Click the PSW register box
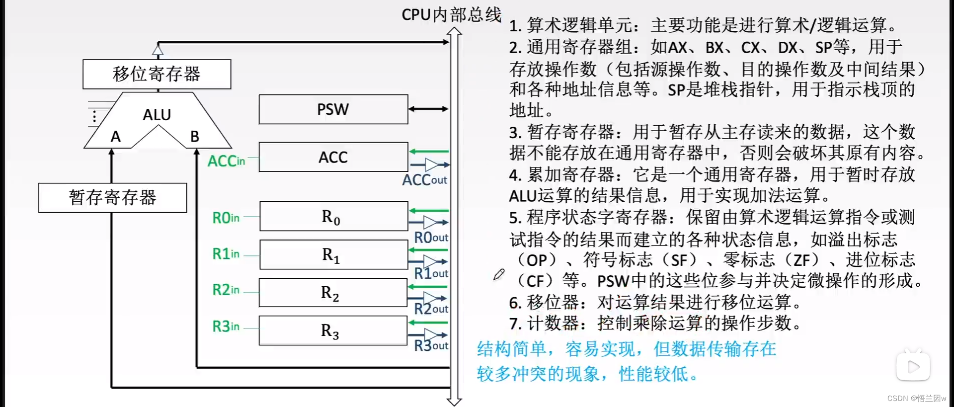333,109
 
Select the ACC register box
333,157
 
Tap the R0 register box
333,216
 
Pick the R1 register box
333,254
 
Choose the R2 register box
333,293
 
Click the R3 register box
333,330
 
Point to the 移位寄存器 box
157,74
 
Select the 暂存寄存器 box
112,198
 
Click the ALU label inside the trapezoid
157,115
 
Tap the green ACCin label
226,161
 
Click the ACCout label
424,180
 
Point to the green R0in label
226,218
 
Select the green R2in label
226,290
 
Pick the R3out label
431,345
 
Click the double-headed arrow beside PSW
428,109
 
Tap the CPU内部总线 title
451,14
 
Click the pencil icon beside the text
499,274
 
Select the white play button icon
913,367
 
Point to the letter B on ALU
195,136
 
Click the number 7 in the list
515,324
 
